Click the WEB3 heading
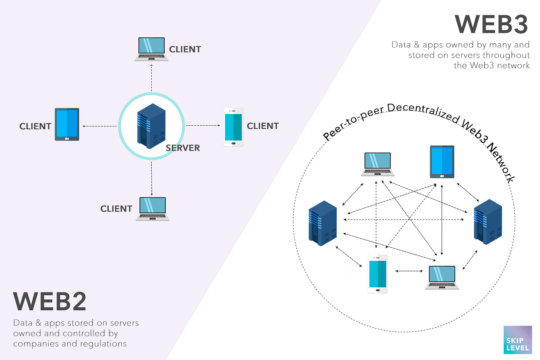pyautogui.click(x=491, y=25)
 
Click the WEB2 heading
pyautogui.click(x=50, y=302)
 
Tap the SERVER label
pyautogui.click(x=182, y=148)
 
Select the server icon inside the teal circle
pyautogui.click(x=151, y=126)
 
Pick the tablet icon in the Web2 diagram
pyautogui.click(x=67, y=125)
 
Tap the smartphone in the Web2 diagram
pyautogui.click(x=233, y=127)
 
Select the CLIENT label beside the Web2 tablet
pyautogui.click(x=35, y=126)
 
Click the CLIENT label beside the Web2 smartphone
pyautogui.click(x=263, y=126)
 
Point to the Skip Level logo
pyautogui.click(x=517, y=340)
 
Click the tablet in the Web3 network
pyautogui.click(x=442, y=162)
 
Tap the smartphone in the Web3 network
pyautogui.click(x=378, y=274)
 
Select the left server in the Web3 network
pyautogui.click(x=323, y=223)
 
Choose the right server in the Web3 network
pyautogui.click(x=488, y=222)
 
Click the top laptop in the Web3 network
pyautogui.click(x=378, y=164)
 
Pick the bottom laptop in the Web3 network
pyautogui.click(x=442, y=277)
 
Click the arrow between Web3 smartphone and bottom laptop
pyautogui.click(x=409, y=271)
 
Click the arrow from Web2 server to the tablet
pyautogui.click(x=100, y=126)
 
